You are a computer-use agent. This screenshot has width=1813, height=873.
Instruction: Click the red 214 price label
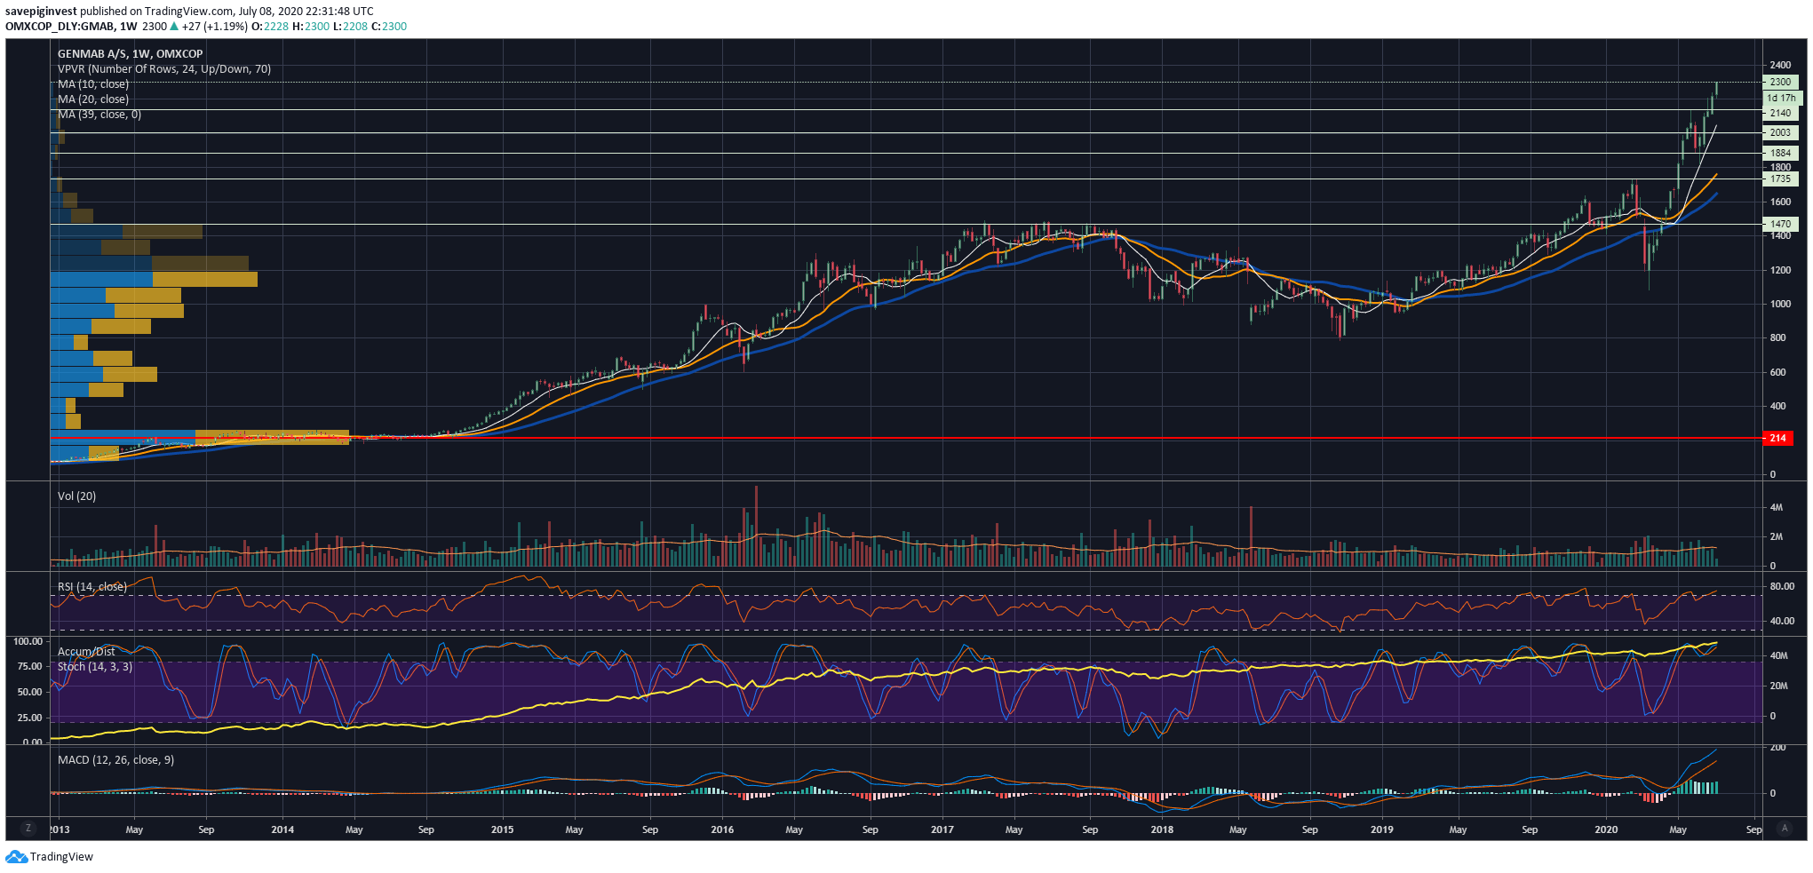coord(1777,438)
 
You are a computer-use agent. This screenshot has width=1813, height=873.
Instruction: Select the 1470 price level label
coord(1780,225)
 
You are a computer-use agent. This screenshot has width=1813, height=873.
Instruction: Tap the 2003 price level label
coord(1780,132)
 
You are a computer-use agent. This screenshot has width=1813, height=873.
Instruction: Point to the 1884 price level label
coord(1780,153)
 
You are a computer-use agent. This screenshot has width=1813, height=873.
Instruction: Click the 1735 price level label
coord(1780,179)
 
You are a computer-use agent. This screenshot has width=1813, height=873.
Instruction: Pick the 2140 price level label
coord(1780,113)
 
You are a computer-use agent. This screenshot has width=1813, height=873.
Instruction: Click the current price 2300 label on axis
coord(1780,82)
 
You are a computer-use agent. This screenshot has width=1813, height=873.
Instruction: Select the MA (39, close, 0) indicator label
coord(99,115)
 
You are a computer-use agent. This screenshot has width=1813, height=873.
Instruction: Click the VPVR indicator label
coord(164,69)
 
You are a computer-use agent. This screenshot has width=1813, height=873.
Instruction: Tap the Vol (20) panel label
coord(76,496)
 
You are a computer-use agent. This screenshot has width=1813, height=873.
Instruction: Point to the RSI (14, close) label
coord(92,587)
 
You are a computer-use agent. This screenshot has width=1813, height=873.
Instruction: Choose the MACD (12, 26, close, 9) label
coord(115,760)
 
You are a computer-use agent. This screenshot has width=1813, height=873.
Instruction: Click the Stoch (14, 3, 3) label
coord(95,667)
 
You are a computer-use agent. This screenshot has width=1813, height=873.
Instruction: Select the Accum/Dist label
coord(86,652)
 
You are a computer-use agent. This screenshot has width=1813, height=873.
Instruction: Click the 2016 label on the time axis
coord(722,829)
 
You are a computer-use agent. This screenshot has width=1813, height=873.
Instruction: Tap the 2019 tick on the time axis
coord(1381,829)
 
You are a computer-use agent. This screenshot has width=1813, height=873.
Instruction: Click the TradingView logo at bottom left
coord(50,857)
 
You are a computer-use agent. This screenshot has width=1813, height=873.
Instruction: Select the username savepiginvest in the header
coord(41,12)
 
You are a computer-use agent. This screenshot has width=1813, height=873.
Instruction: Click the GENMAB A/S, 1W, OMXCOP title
coord(131,54)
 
